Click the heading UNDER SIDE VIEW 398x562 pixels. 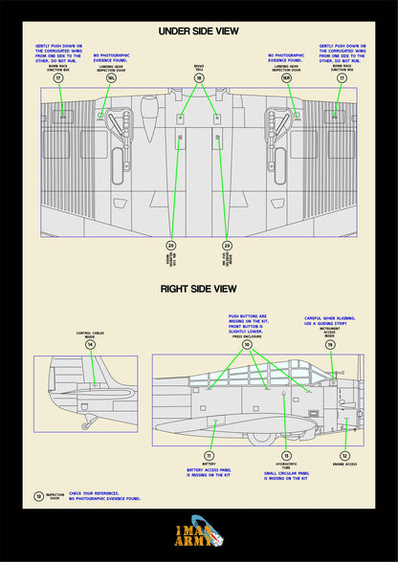[199, 32]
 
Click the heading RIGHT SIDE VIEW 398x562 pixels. [199, 288]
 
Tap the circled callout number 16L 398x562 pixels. [111, 78]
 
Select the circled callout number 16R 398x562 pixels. [286, 78]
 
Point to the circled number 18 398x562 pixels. [199, 78]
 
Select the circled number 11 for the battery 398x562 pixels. [209, 456]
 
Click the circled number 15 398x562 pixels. [286, 456]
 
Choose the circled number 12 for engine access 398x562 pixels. [344, 456]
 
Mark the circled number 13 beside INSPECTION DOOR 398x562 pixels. [37, 495]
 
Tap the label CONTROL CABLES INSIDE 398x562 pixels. [91, 335]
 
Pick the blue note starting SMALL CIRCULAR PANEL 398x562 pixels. [286, 475]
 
